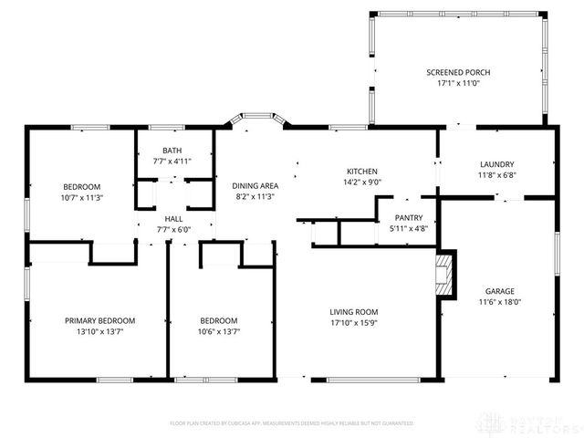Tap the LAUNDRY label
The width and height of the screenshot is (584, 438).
pos(497,164)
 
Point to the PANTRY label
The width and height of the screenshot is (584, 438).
pos(407,218)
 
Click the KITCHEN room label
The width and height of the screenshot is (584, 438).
pos(361,172)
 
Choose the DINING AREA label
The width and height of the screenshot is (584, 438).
pos(256,186)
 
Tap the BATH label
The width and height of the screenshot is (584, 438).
pos(172,151)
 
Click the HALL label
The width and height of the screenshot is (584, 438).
pos(173,219)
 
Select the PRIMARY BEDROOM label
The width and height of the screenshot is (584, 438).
pos(99,320)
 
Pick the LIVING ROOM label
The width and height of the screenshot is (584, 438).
pos(354,312)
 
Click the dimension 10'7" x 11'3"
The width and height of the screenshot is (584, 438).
pos(81,197)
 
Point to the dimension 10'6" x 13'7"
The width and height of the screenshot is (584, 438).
pos(219,332)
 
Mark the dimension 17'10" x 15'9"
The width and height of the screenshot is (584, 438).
pos(354,323)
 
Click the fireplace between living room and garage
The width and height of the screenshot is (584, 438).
pos(444,274)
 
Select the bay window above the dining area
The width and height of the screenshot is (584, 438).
pos(255,119)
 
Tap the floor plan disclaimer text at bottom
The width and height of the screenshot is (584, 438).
pos(291,423)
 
